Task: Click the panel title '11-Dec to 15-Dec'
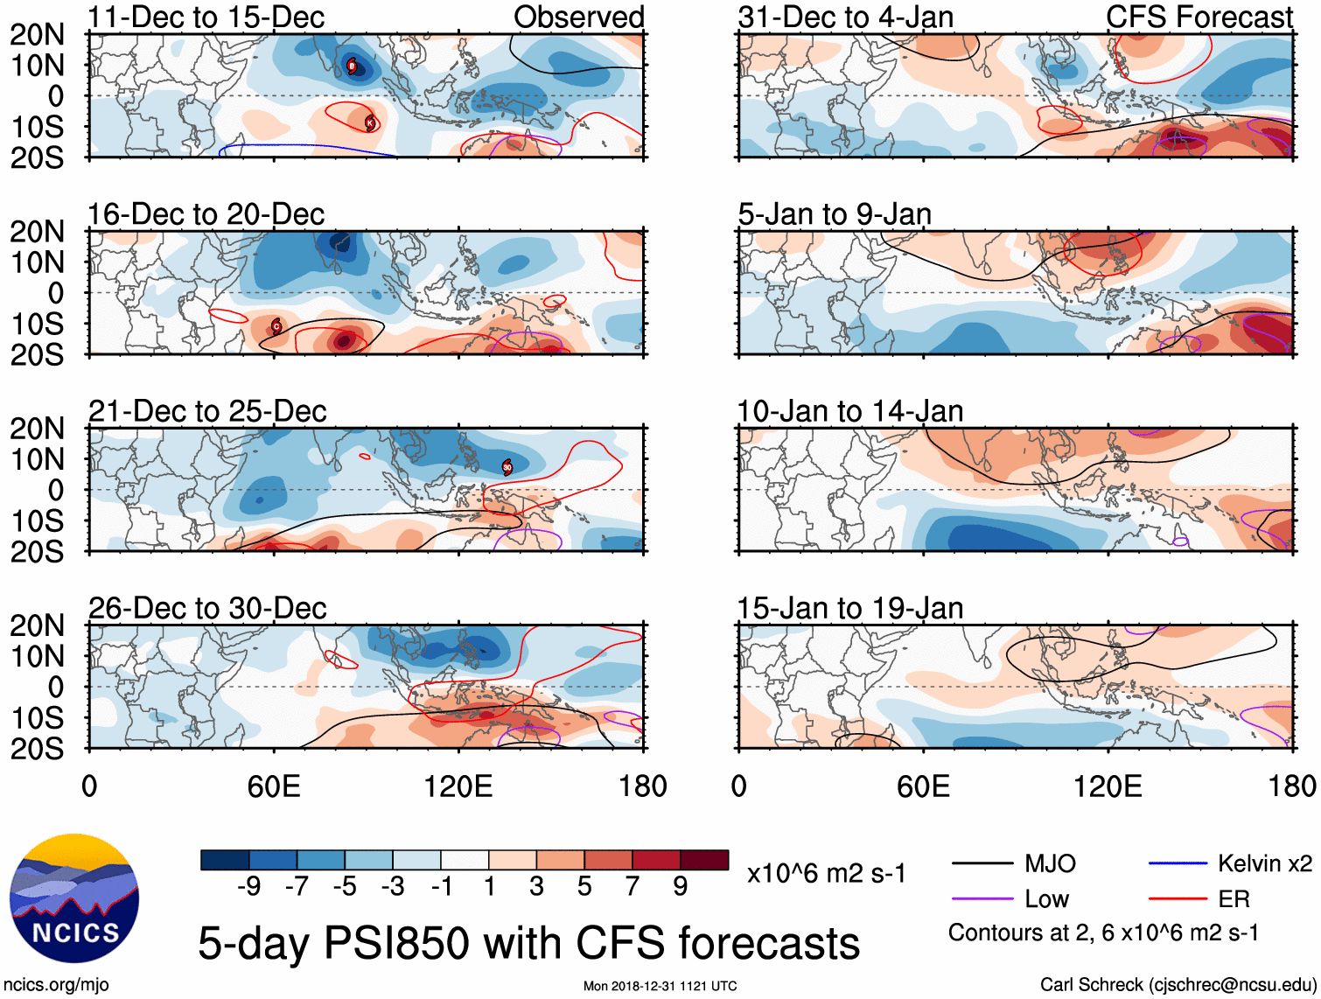[x=206, y=17]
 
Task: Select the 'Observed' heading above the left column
[x=578, y=17]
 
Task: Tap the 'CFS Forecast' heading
[x=1199, y=17]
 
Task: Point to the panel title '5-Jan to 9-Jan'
[x=835, y=214]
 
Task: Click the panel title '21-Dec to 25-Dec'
[x=207, y=411]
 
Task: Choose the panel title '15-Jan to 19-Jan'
[x=849, y=608]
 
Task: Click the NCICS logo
[x=74, y=898]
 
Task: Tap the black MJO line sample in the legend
[x=982, y=864]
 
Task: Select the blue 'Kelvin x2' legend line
[x=1178, y=864]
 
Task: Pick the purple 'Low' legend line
[x=982, y=898]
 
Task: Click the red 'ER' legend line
[x=1178, y=898]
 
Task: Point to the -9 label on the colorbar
[x=249, y=887]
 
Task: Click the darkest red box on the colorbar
[x=704, y=860]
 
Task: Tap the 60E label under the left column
[x=274, y=786]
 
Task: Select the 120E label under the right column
[x=1108, y=786]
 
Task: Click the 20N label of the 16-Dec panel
[x=37, y=232]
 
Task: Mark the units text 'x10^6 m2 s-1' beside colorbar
[x=826, y=873]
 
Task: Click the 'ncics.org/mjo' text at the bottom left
[x=56, y=984]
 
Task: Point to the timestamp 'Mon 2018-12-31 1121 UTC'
[x=660, y=986]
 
